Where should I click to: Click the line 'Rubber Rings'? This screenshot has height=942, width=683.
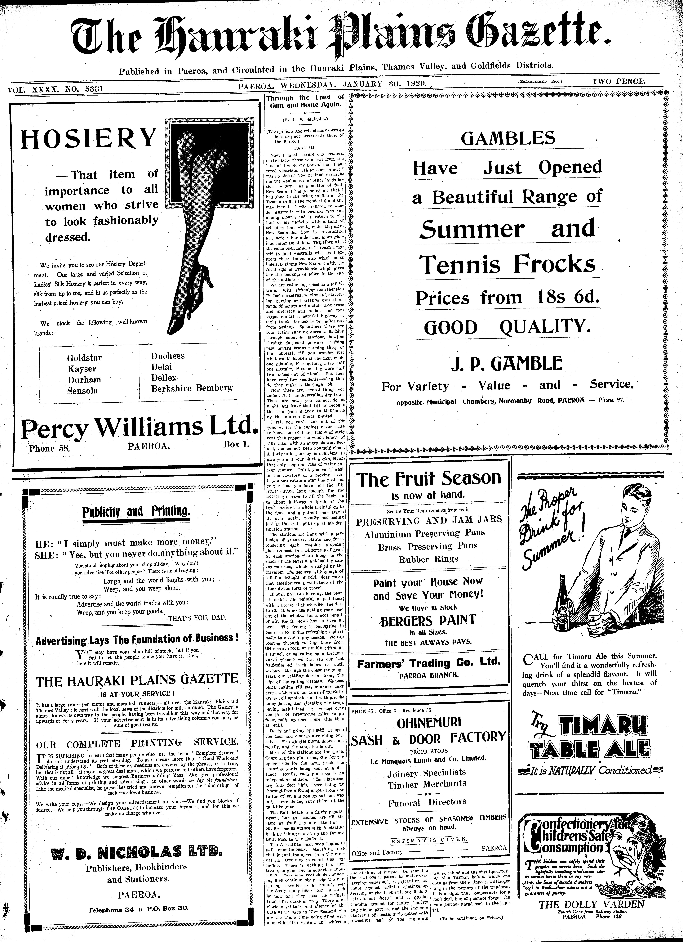[x=428, y=559]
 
